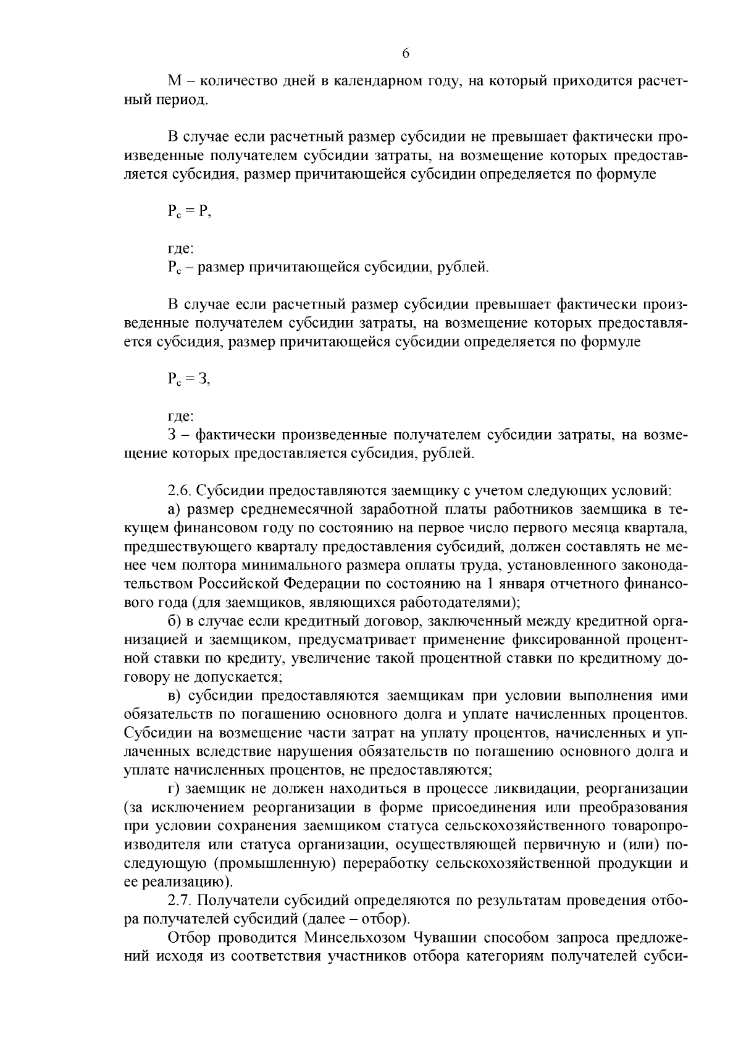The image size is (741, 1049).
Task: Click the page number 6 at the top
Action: tap(406, 53)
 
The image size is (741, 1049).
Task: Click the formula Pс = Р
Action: tap(189, 212)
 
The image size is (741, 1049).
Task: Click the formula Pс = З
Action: tap(189, 380)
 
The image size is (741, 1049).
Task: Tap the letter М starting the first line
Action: tap(174, 81)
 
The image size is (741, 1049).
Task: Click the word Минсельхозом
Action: tap(354, 937)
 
